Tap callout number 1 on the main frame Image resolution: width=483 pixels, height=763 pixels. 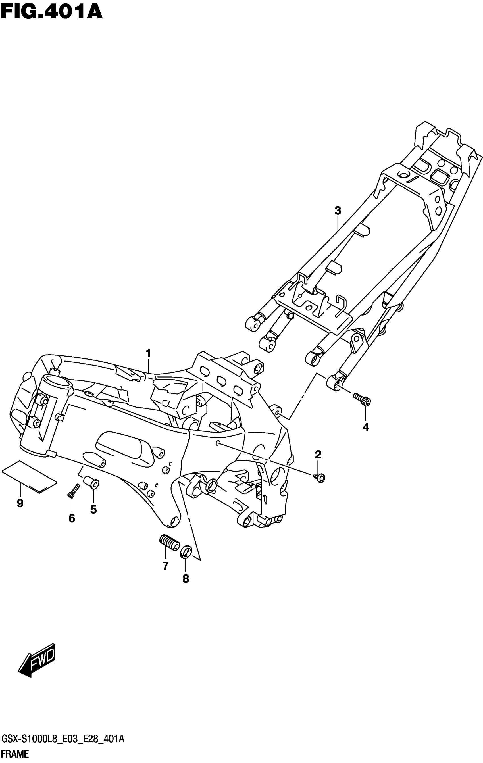pyautogui.click(x=148, y=353)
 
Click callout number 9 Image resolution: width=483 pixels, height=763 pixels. pyautogui.click(x=20, y=503)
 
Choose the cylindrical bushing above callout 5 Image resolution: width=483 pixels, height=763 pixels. pyautogui.click(x=91, y=483)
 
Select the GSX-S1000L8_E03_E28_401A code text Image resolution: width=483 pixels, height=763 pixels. pyautogui.click(x=63, y=740)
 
